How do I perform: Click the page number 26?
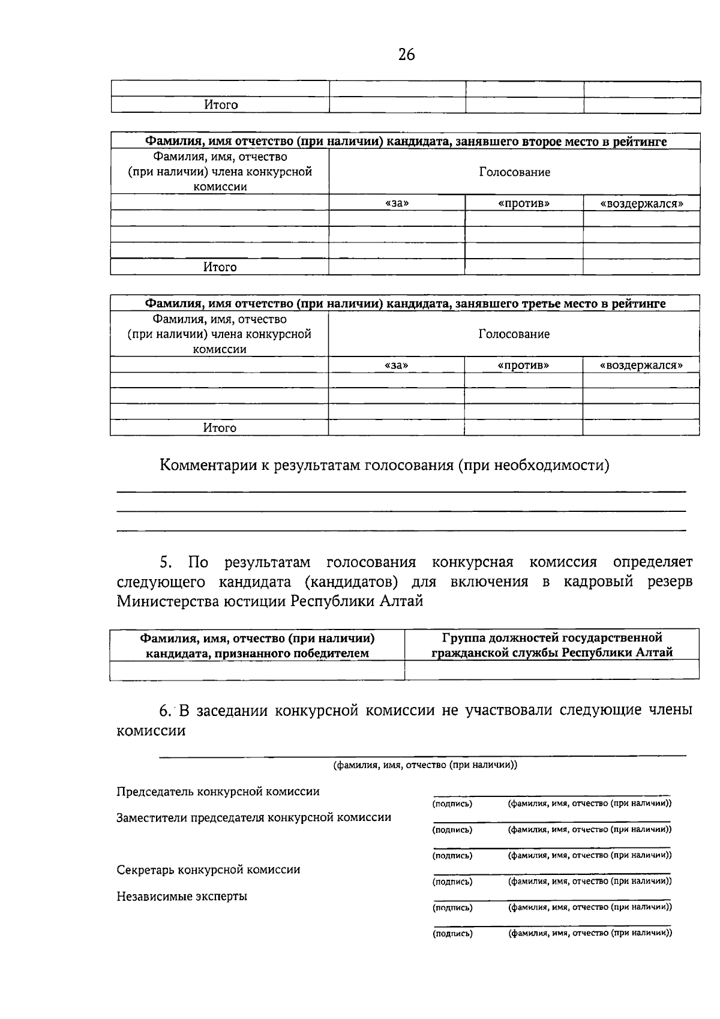click(406, 55)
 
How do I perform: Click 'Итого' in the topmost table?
click(221, 105)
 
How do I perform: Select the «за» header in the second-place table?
click(397, 203)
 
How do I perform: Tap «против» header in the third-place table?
click(523, 365)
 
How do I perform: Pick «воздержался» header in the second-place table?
click(641, 203)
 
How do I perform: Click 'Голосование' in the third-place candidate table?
click(514, 334)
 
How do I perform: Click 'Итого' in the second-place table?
click(220, 267)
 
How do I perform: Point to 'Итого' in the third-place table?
click(220, 428)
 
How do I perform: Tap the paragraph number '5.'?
click(166, 562)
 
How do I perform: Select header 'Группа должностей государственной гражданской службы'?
click(552, 645)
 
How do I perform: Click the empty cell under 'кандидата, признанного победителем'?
click(257, 670)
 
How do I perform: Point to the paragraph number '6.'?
click(166, 711)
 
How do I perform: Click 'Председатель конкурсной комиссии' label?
click(218, 792)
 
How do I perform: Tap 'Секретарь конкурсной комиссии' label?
click(208, 870)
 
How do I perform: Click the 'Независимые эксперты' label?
click(182, 897)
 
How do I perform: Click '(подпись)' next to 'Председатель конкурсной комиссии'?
click(452, 804)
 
